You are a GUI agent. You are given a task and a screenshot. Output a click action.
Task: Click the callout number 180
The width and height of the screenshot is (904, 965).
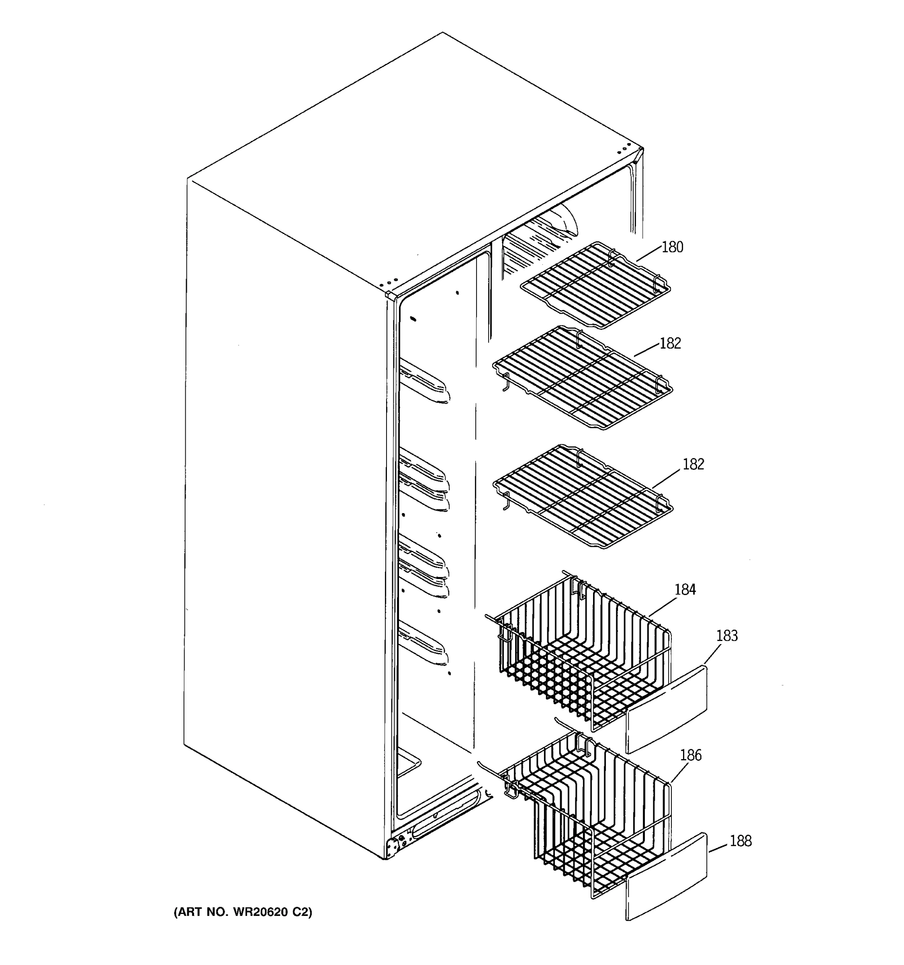pos(672,248)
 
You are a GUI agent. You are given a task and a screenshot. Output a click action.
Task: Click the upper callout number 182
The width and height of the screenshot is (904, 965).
pos(670,344)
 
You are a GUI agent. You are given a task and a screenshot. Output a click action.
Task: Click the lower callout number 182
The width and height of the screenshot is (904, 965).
pos(693,464)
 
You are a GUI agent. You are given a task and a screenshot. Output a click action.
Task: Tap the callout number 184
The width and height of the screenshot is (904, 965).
pos(685,590)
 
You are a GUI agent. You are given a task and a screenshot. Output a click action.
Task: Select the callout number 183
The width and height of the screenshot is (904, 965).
pos(727,636)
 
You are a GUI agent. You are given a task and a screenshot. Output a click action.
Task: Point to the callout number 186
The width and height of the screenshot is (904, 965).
pos(691,755)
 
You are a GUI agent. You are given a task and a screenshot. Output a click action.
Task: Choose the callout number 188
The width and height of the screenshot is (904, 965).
pos(740,841)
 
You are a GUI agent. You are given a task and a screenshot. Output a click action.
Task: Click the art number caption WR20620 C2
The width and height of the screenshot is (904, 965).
pos(243,912)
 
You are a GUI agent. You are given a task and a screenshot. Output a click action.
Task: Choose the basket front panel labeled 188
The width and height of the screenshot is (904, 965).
pos(667,876)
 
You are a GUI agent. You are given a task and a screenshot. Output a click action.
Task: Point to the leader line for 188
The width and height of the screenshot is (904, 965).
pos(718,848)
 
